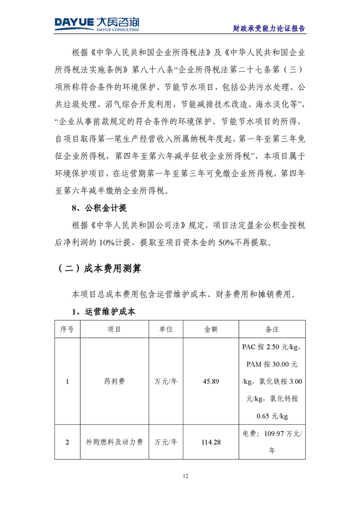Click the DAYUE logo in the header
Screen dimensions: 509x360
(x=97, y=23)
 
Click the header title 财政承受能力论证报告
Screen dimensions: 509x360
(x=269, y=28)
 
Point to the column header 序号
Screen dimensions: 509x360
(x=67, y=329)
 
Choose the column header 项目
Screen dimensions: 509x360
(x=114, y=329)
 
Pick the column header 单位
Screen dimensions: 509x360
(x=166, y=329)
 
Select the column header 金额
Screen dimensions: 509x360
(x=211, y=329)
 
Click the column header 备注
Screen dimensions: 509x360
(x=272, y=329)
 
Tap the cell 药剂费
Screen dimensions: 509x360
(x=114, y=382)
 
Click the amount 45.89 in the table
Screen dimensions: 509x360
(x=211, y=382)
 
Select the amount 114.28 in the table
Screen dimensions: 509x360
(x=211, y=441)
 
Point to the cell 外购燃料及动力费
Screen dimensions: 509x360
(x=114, y=441)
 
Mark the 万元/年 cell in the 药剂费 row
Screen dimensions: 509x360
(x=166, y=382)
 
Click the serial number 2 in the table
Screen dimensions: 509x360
(x=67, y=441)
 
